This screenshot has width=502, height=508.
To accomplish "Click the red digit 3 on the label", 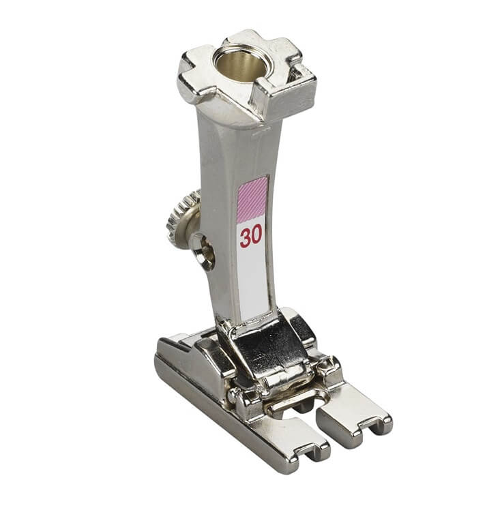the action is pyautogui.click(x=245, y=238).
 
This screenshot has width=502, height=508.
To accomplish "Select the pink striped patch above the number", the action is pyautogui.click(x=253, y=199).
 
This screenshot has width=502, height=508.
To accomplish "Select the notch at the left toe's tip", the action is pyautogui.click(x=307, y=449).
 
